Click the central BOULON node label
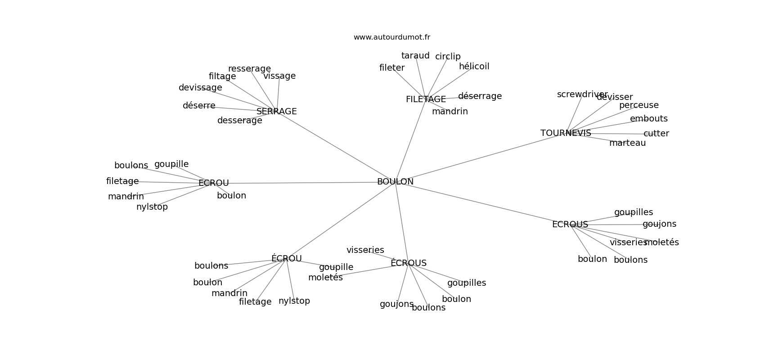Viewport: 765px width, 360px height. click(x=395, y=182)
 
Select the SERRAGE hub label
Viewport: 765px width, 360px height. click(x=276, y=111)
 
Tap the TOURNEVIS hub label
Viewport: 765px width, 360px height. click(x=566, y=133)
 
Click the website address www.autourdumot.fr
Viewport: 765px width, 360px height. click(x=391, y=37)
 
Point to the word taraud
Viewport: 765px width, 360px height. click(x=415, y=56)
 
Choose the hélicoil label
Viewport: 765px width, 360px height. click(x=474, y=67)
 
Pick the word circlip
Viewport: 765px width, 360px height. click(x=448, y=57)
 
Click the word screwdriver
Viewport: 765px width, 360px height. click(x=582, y=94)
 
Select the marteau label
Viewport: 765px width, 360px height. click(x=627, y=143)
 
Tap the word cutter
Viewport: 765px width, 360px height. click(x=656, y=134)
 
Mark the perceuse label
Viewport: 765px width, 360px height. click(x=639, y=105)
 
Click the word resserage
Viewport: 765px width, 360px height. click(x=249, y=69)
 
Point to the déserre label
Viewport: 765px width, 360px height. click(x=199, y=106)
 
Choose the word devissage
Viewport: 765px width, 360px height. click(x=200, y=88)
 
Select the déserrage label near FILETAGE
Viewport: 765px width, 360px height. click(x=480, y=96)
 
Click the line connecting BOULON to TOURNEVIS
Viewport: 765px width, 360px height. click(x=477, y=158)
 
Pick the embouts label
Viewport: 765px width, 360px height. click(x=648, y=119)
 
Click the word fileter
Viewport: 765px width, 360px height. click(x=392, y=68)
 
